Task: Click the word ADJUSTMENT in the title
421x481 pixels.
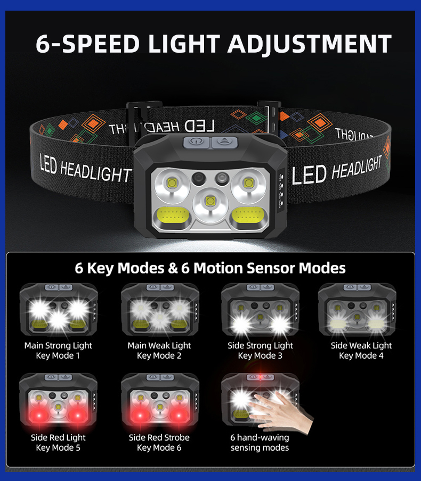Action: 309,44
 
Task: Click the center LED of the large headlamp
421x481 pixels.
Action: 210,201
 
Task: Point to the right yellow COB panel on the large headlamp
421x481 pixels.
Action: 248,215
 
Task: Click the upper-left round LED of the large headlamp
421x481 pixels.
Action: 172,184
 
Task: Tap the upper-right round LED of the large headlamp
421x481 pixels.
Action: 248,184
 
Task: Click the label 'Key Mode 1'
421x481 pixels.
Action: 58,356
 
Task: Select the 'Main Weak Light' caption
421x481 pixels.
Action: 159,346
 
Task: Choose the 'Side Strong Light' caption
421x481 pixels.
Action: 260,346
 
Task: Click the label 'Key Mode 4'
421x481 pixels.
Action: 361,356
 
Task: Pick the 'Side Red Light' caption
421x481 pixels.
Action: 58,437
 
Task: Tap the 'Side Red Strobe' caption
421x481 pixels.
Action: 159,437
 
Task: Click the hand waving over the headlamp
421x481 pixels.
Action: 281,411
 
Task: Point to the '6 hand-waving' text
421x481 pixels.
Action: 260,437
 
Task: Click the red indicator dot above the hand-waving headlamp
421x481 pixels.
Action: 260,377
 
